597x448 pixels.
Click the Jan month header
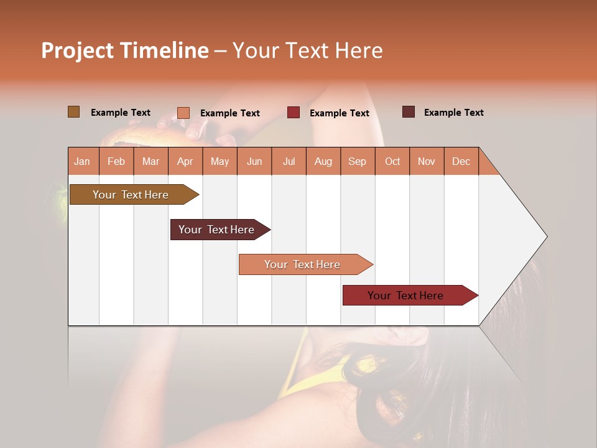tap(83, 162)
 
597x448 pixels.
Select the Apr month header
tap(185, 162)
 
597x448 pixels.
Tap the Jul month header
tap(289, 162)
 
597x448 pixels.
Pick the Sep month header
tap(358, 162)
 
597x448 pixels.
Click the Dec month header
tap(461, 162)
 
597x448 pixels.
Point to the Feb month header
tap(116, 162)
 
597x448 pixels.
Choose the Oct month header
tap(392, 162)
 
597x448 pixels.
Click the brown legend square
tap(74, 112)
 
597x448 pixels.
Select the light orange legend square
tap(183, 113)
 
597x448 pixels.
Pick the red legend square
tap(294, 113)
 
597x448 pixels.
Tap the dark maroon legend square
tap(409, 112)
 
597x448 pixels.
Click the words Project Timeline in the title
tap(124, 50)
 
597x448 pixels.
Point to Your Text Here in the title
tap(307, 50)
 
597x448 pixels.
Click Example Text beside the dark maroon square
tap(453, 113)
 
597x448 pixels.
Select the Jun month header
tap(254, 162)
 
